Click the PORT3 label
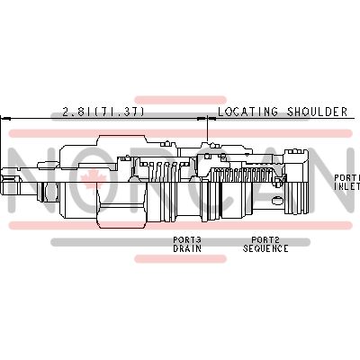point(187,239)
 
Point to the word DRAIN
point(187,248)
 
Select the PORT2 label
point(266,239)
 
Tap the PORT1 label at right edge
point(347,178)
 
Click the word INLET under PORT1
point(347,187)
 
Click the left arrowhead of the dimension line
point(4,118)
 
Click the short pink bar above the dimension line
point(179,99)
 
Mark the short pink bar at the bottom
point(179,259)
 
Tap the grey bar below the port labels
point(179,242)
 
